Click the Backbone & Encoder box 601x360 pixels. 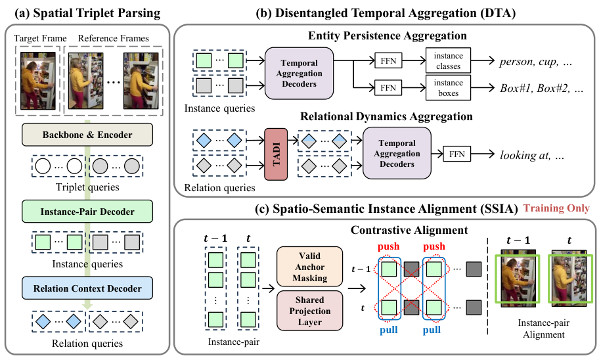87,135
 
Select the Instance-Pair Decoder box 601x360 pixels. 87,212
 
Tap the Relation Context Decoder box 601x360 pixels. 87,288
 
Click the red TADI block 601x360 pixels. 276,154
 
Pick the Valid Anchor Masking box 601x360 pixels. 310,267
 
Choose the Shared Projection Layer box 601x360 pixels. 310,311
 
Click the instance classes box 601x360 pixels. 448,60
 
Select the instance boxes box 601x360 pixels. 448,88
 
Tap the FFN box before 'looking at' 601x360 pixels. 457,154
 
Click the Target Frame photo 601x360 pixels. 38,81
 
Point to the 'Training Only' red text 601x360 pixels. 556,208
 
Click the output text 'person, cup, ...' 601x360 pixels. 535,62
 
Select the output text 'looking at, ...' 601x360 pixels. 532,155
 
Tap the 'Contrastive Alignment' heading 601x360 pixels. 409,230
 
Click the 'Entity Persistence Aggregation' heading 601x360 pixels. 387,35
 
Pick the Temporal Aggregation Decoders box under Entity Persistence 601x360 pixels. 299,73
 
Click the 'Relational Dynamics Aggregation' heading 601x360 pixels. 386,116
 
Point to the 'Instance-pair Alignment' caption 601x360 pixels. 543,328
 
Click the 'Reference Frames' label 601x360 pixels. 114,38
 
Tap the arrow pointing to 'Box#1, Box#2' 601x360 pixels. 483,88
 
